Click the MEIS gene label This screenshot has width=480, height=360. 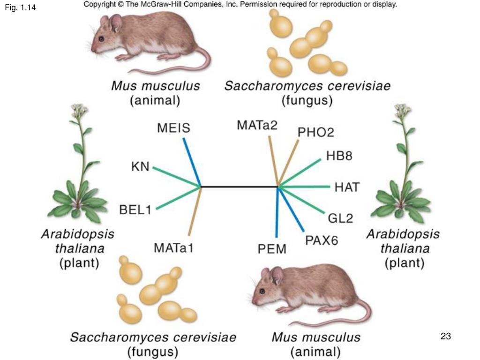pyautogui.click(x=173, y=127)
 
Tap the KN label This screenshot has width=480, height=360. pyautogui.click(x=140, y=166)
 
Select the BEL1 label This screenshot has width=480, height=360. pyautogui.click(x=135, y=210)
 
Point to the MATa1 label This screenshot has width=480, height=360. pyautogui.click(x=174, y=247)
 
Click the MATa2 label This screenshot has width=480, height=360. pyautogui.click(x=257, y=126)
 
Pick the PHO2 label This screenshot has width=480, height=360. pyautogui.click(x=316, y=133)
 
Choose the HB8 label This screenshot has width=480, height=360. pyautogui.click(x=339, y=156)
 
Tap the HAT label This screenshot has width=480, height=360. pyautogui.click(x=347, y=187)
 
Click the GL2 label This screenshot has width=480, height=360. pyautogui.click(x=340, y=218)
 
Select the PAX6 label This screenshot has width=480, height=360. pyautogui.click(x=322, y=240)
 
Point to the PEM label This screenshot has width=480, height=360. pyautogui.click(x=272, y=249)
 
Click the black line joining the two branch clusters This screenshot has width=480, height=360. pyautogui.click(x=239, y=187)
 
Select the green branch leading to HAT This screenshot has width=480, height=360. pyautogui.click(x=305, y=187)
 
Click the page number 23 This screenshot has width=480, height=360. pyautogui.click(x=445, y=336)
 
